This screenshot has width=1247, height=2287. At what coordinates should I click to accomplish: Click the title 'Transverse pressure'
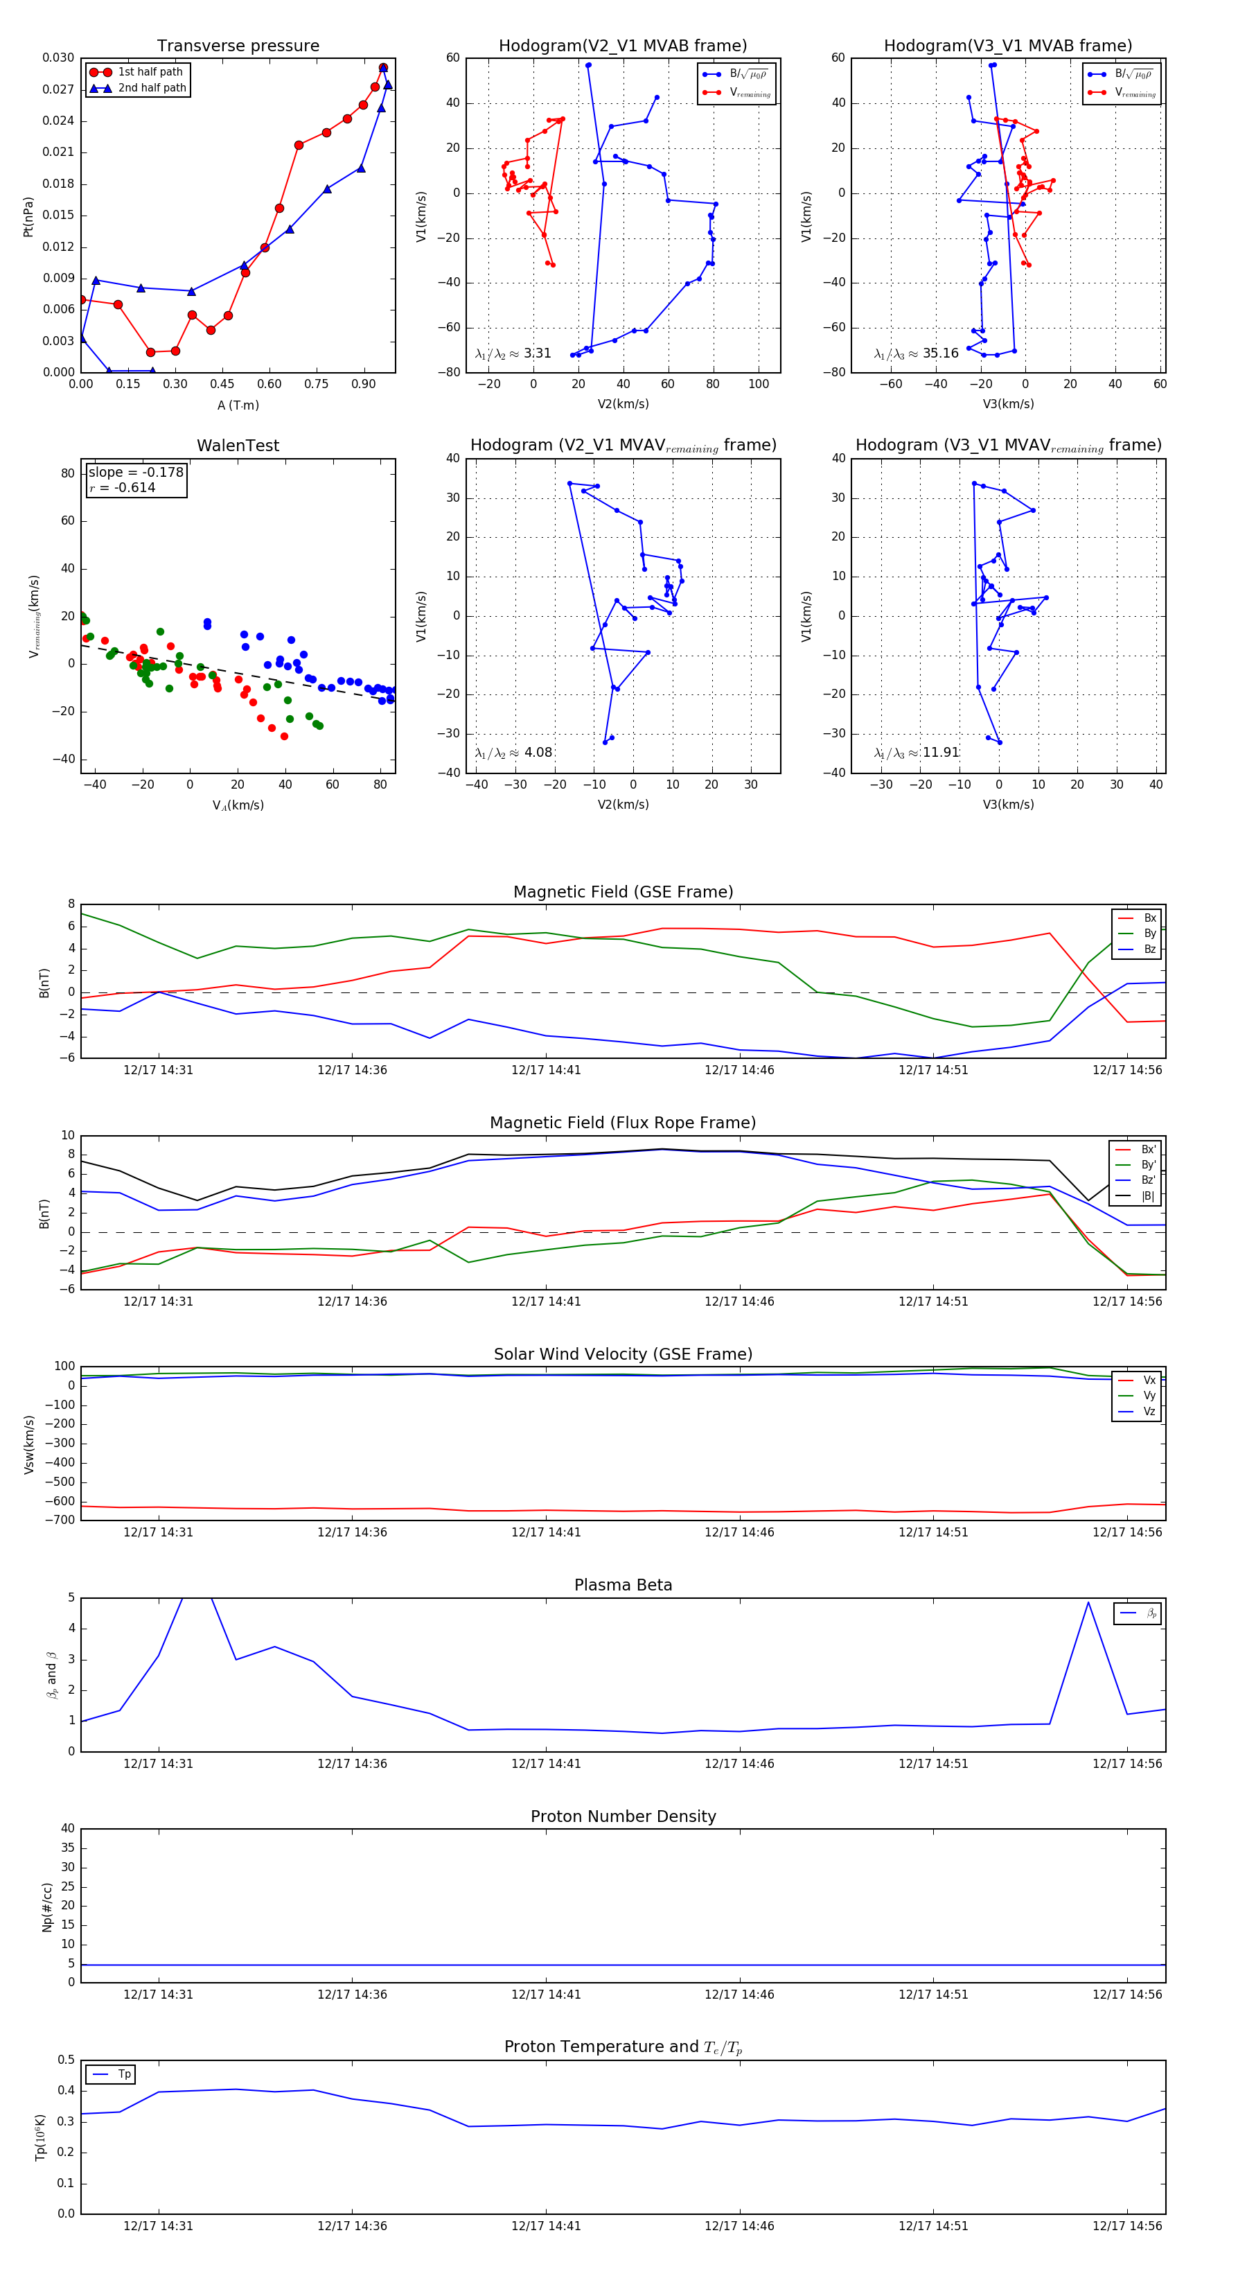(238, 46)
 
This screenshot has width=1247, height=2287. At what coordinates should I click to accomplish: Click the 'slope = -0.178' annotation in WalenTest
(136, 473)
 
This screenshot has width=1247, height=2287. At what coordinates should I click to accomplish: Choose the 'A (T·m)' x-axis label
(238, 405)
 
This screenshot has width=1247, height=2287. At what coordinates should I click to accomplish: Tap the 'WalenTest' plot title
(238, 446)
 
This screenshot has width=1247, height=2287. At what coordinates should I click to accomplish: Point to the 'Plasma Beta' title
(623, 1586)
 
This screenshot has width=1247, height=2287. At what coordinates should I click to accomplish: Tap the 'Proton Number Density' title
(623, 1816)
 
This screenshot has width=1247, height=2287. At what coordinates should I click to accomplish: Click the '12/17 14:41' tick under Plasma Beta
(546, 1764)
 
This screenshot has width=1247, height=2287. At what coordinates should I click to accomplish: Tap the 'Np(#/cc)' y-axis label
(47, 1907)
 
